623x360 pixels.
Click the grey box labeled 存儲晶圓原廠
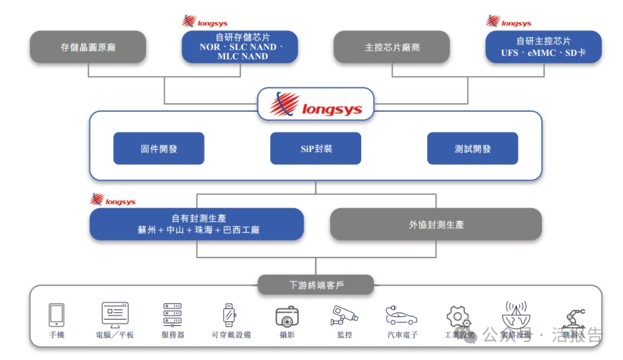tap(88, 47)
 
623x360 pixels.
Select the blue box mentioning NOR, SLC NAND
tap(240, 47)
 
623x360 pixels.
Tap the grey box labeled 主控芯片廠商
tap(392, 47)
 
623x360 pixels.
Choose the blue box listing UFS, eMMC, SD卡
tap(543, 47)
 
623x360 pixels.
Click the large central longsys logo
tap(316, 104)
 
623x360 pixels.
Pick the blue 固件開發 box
tap(159, 149)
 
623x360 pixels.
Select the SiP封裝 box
tap(316, 149)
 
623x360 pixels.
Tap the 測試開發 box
tap(472, 149)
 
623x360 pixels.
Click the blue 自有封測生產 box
tap(197, 224)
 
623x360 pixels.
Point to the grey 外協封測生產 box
tap(436, 224)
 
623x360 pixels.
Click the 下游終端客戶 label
tap(316, 285)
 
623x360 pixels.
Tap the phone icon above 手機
tap(57, 315)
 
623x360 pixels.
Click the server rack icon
tap(172, 315)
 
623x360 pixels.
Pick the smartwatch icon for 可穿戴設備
tap(230, 315)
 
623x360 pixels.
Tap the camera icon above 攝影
tap(287, 316)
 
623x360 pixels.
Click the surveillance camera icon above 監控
tap(344, 315)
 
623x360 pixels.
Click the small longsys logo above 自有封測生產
tap(113, 200)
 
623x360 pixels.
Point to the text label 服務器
tap(172, 335)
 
